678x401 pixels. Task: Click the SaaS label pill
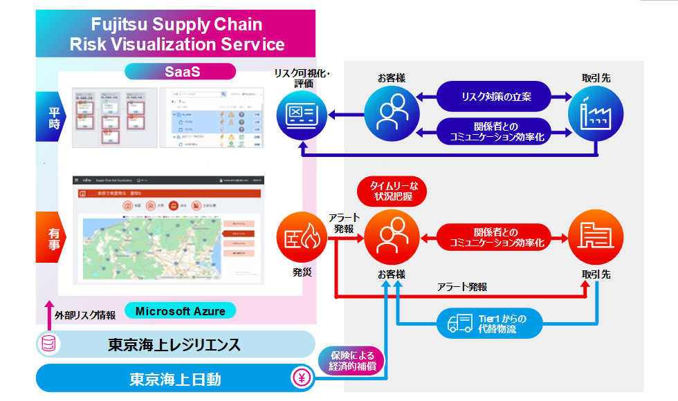tap(181, 71)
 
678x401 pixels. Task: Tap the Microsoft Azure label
tap(180, 311)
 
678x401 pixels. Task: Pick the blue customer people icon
tap(391, 111)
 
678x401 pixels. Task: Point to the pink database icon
tap(48, 344)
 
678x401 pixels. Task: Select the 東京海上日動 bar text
tap(176, 379)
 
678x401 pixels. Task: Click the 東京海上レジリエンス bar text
tap(176, 344)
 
